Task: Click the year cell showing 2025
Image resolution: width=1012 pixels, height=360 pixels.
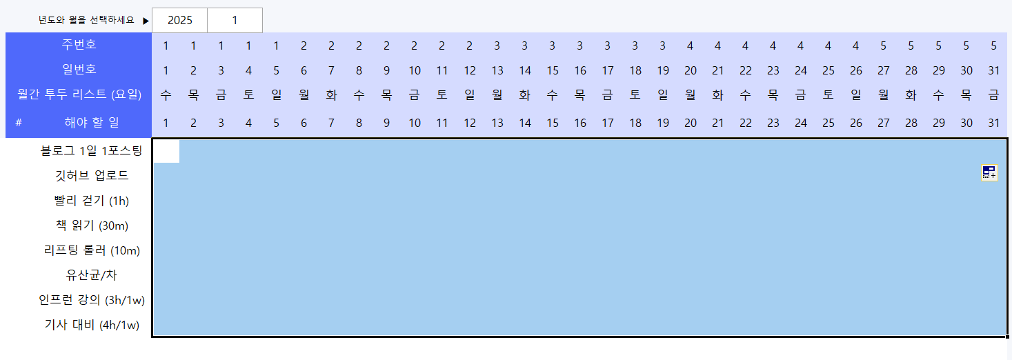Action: [x=179, y=21]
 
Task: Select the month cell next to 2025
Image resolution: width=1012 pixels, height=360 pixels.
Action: [x=235, y=21]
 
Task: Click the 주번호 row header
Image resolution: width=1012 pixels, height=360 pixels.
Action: [x=79, y=46]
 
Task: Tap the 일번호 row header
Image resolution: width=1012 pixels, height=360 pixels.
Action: [x=79, y=69]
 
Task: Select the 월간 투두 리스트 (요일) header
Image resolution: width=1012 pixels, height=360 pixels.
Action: [x=79, y=95]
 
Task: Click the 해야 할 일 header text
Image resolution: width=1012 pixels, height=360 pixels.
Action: [x=91, y=123]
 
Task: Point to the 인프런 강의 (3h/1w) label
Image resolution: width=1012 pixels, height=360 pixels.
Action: [x=91, y=300]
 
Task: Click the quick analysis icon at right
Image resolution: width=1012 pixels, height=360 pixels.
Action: [x=989, y=173]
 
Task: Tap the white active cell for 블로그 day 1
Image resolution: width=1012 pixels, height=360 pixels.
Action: [x=166, y=151]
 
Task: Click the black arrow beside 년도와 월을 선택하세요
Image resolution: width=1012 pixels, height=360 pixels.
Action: [x=146, y=21]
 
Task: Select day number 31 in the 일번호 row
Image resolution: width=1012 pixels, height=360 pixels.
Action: [x=993, y=70]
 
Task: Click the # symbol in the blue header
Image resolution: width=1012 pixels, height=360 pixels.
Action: [x=19, y=123]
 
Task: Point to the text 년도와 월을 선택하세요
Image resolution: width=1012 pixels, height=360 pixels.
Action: [x=86, y=21]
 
